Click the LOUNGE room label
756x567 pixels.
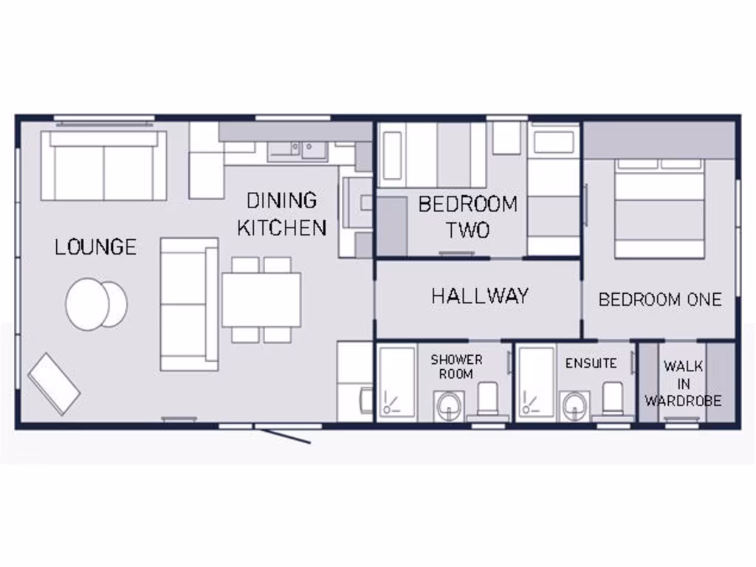[x=95, y=246]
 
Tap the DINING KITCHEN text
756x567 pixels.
[x=281, y=213]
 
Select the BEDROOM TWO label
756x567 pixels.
[x=468, y=216]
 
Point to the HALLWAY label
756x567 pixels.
[x=480, y=296]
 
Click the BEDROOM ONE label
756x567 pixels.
[x=659, y=299]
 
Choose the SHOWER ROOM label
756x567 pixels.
[x=456, y=366]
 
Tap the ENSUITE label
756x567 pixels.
[x=591, y=363]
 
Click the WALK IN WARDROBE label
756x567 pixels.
[x=683, y=383]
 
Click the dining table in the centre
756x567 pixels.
[x=261, y=300]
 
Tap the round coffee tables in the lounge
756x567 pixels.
[x=96, y=303]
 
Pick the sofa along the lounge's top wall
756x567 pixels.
[x=103, y=165]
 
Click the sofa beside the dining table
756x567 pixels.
[x=190, y=303]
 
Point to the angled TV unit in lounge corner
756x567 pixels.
[x=54, y=383]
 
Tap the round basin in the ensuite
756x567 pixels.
[x=574, y=405]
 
